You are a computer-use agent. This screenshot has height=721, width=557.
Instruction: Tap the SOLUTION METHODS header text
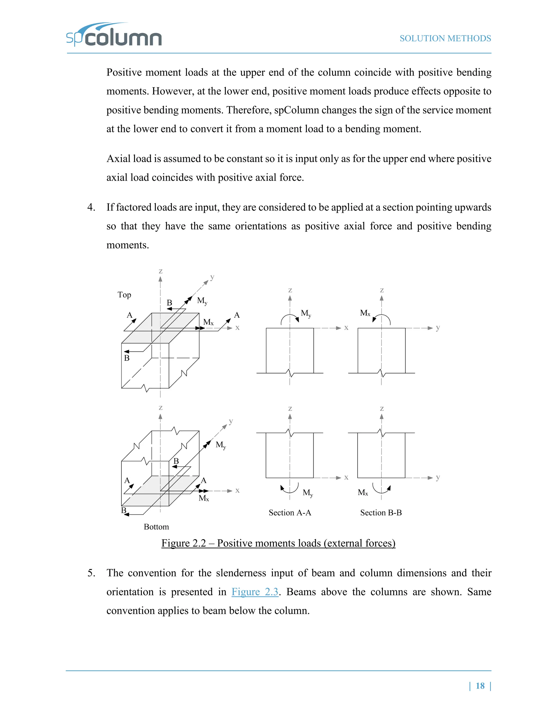(445, 39)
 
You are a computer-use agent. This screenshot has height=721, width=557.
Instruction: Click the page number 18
(480, 686)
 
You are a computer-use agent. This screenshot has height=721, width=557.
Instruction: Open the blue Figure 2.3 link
(255, 591)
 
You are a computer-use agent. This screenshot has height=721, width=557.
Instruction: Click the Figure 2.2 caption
(278, 543)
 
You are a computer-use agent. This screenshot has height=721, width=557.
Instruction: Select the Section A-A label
(290, 513)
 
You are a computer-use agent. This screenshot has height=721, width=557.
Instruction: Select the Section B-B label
(381, 513)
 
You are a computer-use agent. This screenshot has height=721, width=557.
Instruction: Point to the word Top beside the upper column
(124, 295)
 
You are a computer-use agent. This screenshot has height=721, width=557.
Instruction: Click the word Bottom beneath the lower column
(156, 527)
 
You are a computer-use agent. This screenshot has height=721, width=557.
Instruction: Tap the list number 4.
(91, 207)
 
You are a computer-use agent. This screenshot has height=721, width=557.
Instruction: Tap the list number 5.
(91, 573)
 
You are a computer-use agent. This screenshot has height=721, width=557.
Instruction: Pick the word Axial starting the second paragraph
(118, 159)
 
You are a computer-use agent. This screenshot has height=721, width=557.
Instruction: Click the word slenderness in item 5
(241, 573)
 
